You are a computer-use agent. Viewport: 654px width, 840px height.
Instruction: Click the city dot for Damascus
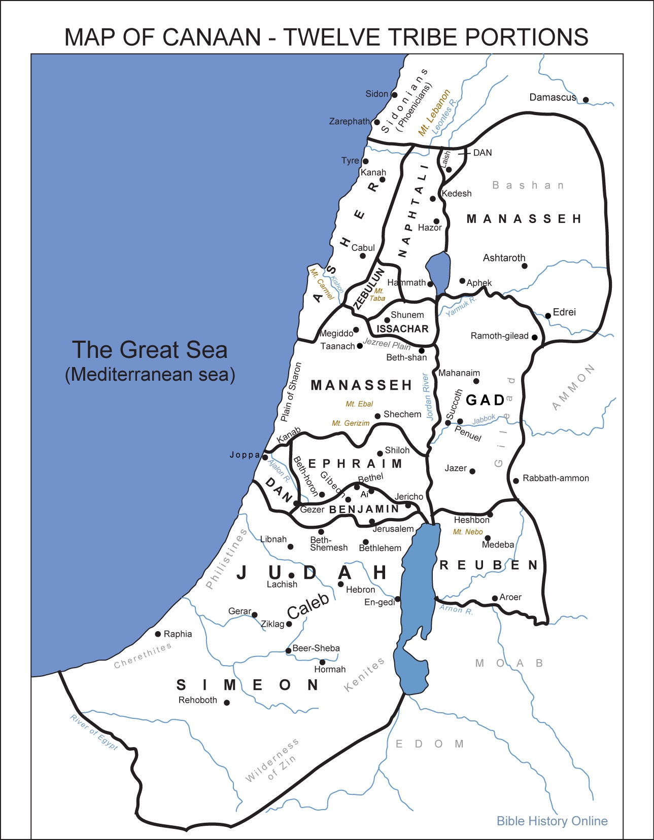[x=586, y=100]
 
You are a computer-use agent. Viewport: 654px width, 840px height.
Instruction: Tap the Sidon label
[x=376, y=94]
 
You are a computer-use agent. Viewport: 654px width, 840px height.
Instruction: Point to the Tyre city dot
[x=364, y=161]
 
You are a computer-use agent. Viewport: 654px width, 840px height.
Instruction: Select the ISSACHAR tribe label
[x=402, y=328]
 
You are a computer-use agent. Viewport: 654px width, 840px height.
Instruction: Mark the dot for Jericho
[x=408, y=505]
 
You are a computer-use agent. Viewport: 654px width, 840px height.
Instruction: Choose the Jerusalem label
[x=393, y=529]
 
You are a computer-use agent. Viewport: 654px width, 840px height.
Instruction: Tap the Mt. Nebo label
[x=468, y=532]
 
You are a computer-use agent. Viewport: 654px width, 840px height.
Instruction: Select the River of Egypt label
[x=94, y=733]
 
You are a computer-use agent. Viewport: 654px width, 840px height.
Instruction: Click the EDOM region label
[x=430, y=744]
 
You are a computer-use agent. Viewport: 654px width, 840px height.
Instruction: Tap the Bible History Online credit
[x=552, y=821]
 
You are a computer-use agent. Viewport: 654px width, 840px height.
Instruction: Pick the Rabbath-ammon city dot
[x=516, y=481]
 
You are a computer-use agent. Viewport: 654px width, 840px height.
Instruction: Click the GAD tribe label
[x=485, y=400]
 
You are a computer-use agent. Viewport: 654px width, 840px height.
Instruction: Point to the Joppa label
[x=245, y=455]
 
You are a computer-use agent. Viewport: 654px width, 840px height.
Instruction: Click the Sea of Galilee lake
[x=438, y=269]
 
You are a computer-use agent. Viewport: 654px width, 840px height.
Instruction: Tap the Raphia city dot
[x=158, y=634]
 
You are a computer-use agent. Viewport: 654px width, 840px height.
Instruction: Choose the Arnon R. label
[x=456, y=610]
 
